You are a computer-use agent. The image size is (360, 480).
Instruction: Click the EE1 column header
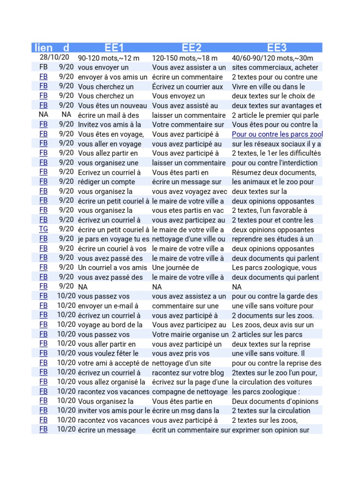tap(114, 47)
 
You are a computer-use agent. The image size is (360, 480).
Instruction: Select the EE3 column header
tap(277, 47)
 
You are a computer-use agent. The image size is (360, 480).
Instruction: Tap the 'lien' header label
tap(43, 47)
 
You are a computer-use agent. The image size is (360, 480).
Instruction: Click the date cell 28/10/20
tap(54, 58)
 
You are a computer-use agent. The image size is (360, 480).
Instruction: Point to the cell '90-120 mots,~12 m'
tap(108, 58)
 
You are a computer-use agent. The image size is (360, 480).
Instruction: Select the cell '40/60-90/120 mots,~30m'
tap(273, 58)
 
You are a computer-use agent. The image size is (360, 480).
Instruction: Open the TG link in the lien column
tap(43, 229)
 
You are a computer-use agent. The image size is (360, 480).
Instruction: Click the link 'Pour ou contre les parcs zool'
tap(277, 134)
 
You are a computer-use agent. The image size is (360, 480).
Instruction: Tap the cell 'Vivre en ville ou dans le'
tap(268, 87)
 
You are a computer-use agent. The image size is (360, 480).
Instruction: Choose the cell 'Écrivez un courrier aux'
tap(187, 87)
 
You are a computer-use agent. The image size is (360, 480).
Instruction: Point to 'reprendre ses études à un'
tap(272, 239)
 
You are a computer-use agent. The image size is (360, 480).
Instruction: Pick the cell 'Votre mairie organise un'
tap(190, 334)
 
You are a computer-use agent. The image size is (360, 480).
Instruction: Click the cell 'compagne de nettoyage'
tap(189, 391)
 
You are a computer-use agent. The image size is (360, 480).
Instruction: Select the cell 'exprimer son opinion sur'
tap(270, 430)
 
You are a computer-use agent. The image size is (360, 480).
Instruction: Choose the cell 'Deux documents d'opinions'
tap(275, 401)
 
